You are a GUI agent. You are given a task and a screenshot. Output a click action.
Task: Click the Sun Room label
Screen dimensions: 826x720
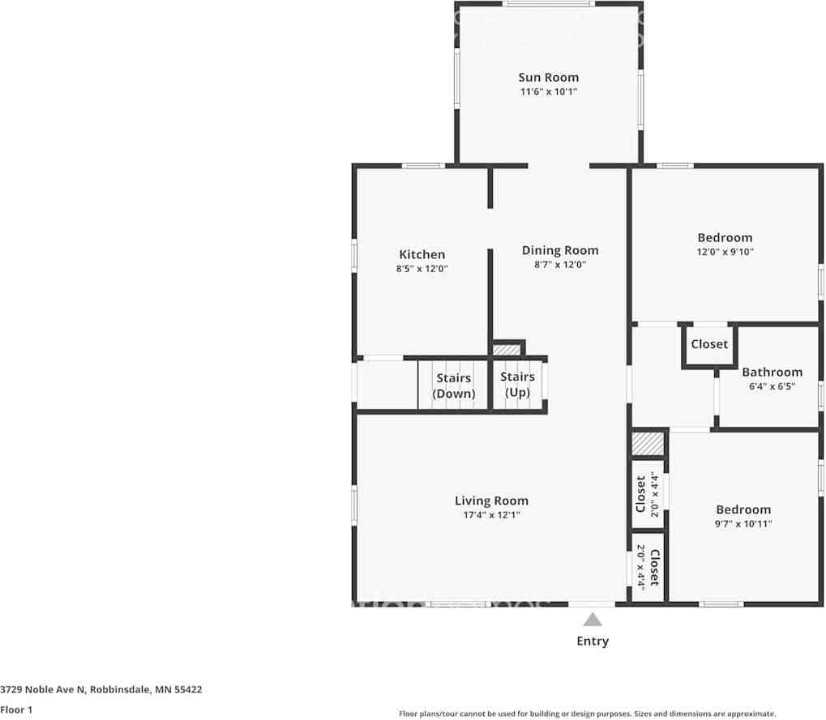pyautogui.click(x=549, y=78)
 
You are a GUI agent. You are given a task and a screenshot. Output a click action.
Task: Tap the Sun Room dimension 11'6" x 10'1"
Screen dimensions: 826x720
pyautogui.click(x=549, y=92)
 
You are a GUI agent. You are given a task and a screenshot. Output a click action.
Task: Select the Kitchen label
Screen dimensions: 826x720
pyautogui.click(x=422, y=254)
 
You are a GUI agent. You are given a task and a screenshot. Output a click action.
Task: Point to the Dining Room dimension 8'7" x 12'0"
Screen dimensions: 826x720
pyautogui.click(x=560, y=264)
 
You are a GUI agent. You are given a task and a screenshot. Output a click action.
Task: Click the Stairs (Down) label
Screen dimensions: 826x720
pyautogui.click(x=454, y=386)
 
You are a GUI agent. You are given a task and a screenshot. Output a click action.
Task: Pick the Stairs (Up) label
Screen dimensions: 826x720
pyautogui.click(x=517, y=385)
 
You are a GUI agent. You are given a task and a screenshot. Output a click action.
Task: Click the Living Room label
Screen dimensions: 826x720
pyautogui.click(x=491, y=501)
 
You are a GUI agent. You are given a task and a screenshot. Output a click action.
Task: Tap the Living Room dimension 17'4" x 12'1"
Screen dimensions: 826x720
pyautogui.click(x=491, y=515)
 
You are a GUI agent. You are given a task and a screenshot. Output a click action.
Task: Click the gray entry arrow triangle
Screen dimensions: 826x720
pyautogui.click(x=593, y=620)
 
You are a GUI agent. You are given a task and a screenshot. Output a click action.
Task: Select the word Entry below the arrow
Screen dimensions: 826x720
pyautogui.click(x=593, y=641)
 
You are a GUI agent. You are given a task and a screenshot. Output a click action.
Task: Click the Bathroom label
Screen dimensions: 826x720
pyautogui.click(x=773, y=372)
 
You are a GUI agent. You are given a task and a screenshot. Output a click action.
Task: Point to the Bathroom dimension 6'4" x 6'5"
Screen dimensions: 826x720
pyautogui.click(x=773, y=386)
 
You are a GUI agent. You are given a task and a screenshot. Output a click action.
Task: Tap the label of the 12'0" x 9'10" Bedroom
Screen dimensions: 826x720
pyautogui.click(x=725, y=237)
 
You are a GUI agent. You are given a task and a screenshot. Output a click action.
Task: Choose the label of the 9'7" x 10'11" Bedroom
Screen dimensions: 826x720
pyautogui.click(x=743, y=509)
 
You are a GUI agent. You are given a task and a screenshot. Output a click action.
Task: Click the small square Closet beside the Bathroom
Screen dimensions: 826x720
pyautogui.click(x=709, y=344)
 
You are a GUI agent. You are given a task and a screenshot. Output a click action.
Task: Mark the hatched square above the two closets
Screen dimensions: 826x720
pyautogui.click(x=648, y=444)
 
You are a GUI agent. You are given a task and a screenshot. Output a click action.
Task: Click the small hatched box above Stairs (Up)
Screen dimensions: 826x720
pyautogui.click(x=507, y=350)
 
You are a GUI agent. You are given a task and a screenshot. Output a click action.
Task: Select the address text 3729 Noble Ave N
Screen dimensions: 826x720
pyautogui.click(x=43, y=689)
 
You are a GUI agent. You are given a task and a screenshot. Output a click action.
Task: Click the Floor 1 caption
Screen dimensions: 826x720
pyautogui.click(x=16, y=710)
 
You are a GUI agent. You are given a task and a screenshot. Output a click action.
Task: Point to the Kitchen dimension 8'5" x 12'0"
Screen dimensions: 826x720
pyautogui.click(x=422, y=268)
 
